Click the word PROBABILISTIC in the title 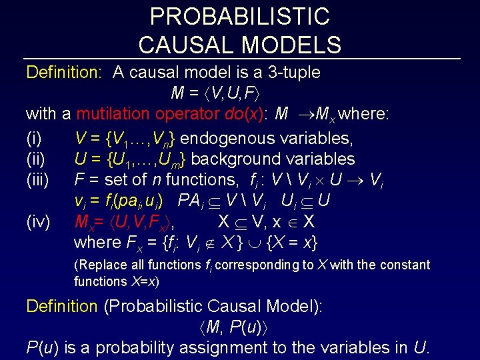coord(240,16)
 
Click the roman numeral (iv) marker coord(37,221)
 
